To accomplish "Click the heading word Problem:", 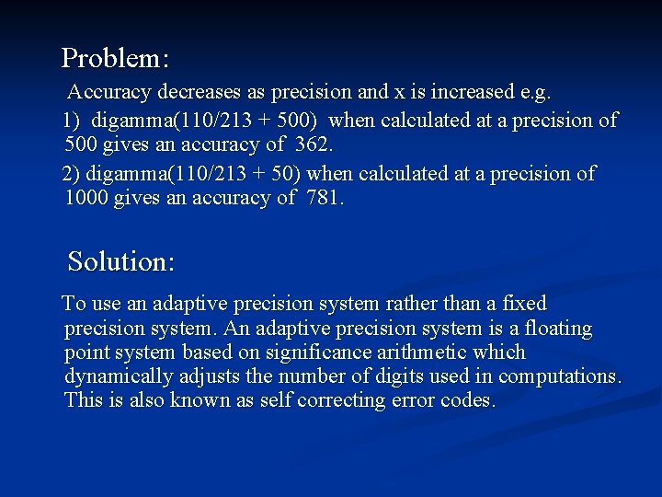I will coord(115,59).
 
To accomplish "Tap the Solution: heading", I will coord(121,261).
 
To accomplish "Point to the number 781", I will coord(323,197).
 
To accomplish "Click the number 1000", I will coord(86,197).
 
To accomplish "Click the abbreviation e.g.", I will coord(534,92).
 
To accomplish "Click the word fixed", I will coord(524,304).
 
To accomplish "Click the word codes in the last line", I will coord(470,400).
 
